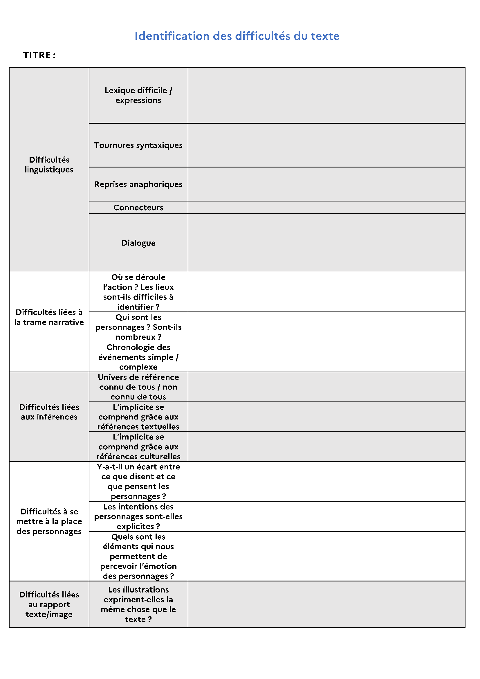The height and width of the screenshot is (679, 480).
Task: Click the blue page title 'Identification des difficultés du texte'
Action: coord(237,36)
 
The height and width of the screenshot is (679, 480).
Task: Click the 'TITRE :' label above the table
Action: coord(39,55)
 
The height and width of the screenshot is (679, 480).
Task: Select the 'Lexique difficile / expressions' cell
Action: coord(138,95)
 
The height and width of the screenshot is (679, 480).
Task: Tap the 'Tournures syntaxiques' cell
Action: coord(138,145)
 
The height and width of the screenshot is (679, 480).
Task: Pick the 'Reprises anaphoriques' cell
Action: coord(138,184)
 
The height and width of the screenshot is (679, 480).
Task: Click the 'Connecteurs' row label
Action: coord(138,208)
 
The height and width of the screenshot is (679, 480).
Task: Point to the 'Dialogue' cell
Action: coord(138,243)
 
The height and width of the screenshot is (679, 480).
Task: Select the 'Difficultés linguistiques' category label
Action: coord(49,165)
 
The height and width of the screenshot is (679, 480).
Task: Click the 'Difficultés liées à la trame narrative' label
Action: coord(49,317)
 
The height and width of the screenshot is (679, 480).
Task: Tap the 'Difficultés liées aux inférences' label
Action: coord(49,412)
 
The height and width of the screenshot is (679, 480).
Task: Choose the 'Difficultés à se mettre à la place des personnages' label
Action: coord(49,521)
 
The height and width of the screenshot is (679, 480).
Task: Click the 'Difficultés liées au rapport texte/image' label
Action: coord(49,604)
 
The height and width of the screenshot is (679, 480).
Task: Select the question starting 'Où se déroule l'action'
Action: coord(138,292)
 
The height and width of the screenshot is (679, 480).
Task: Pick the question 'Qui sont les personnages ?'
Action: coord(138,327)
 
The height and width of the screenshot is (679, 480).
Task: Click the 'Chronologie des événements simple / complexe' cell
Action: coord(138,357)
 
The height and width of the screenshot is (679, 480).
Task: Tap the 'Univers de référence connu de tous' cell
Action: coord(138,387)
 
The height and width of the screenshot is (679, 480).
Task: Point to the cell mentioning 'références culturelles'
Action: coord(138,446)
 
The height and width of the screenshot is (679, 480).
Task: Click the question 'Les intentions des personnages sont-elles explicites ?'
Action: coord(138,516)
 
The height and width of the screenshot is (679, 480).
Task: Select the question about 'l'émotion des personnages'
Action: coord(138,556)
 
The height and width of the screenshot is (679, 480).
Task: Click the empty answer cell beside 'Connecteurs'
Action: coord(326,208)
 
